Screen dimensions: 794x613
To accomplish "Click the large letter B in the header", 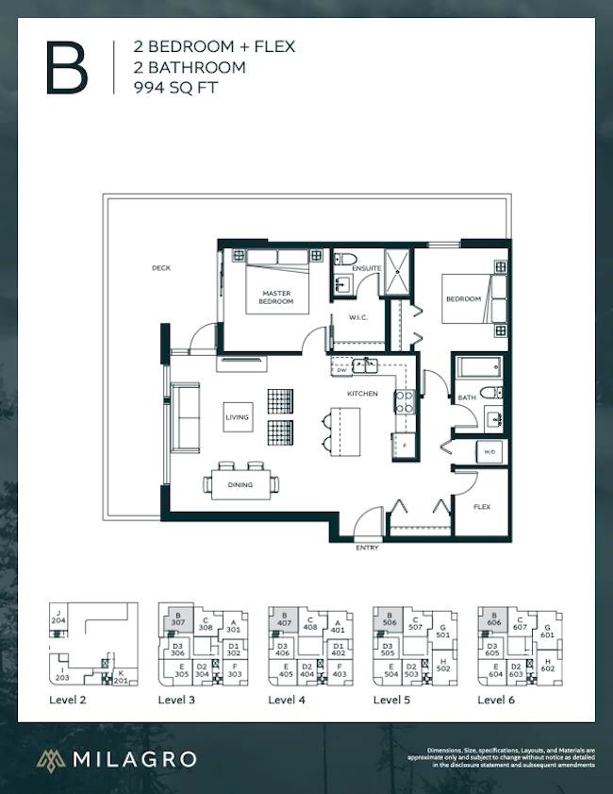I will tap(67, 68).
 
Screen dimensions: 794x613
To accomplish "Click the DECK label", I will tap(161, 268).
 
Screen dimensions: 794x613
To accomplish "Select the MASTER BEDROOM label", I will tap(276, 297).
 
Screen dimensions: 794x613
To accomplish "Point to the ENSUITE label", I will tap(367, 269).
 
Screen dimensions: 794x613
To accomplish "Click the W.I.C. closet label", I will tap(357, 317).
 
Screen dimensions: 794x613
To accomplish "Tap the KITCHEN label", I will tap(362, 393).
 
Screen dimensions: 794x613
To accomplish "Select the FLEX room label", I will tap(482, 507).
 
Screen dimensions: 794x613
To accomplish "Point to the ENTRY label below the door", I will tap(367, 548).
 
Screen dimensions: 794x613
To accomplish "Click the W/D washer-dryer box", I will tap(490, 451).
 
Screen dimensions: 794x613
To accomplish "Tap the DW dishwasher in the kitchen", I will tap(340, 370).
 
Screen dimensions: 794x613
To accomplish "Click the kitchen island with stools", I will tap(343, 431).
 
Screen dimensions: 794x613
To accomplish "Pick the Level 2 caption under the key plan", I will tap(68, 700).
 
